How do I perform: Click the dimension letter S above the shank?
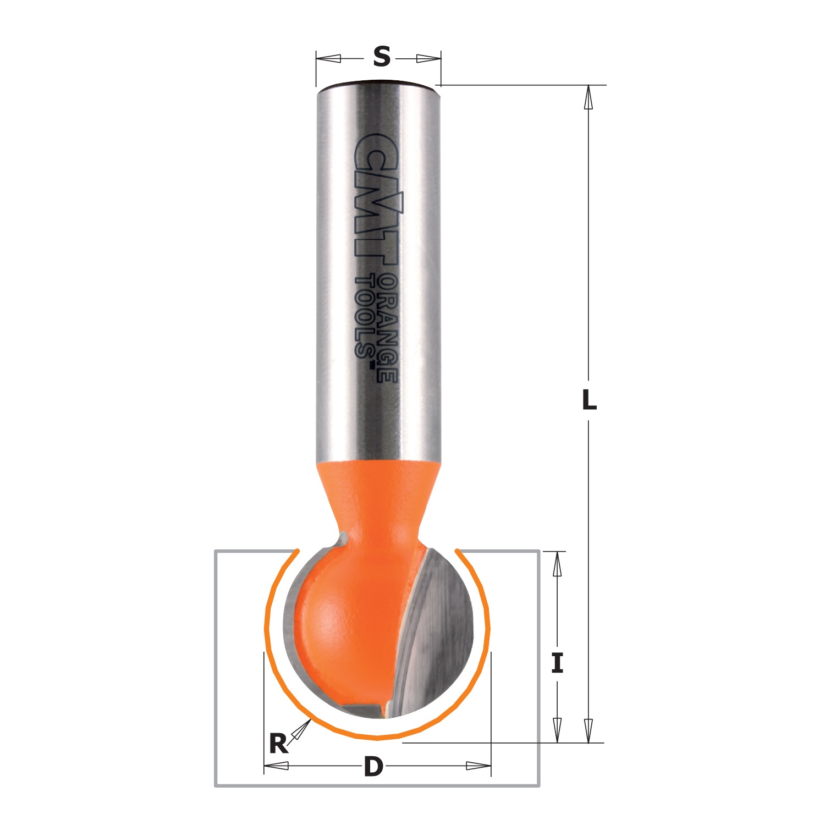point(381,57)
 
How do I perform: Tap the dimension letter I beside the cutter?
point(557,663)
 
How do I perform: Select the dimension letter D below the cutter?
point(373,766)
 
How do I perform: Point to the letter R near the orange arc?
point(278,744)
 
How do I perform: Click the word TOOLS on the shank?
point(365,317)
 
